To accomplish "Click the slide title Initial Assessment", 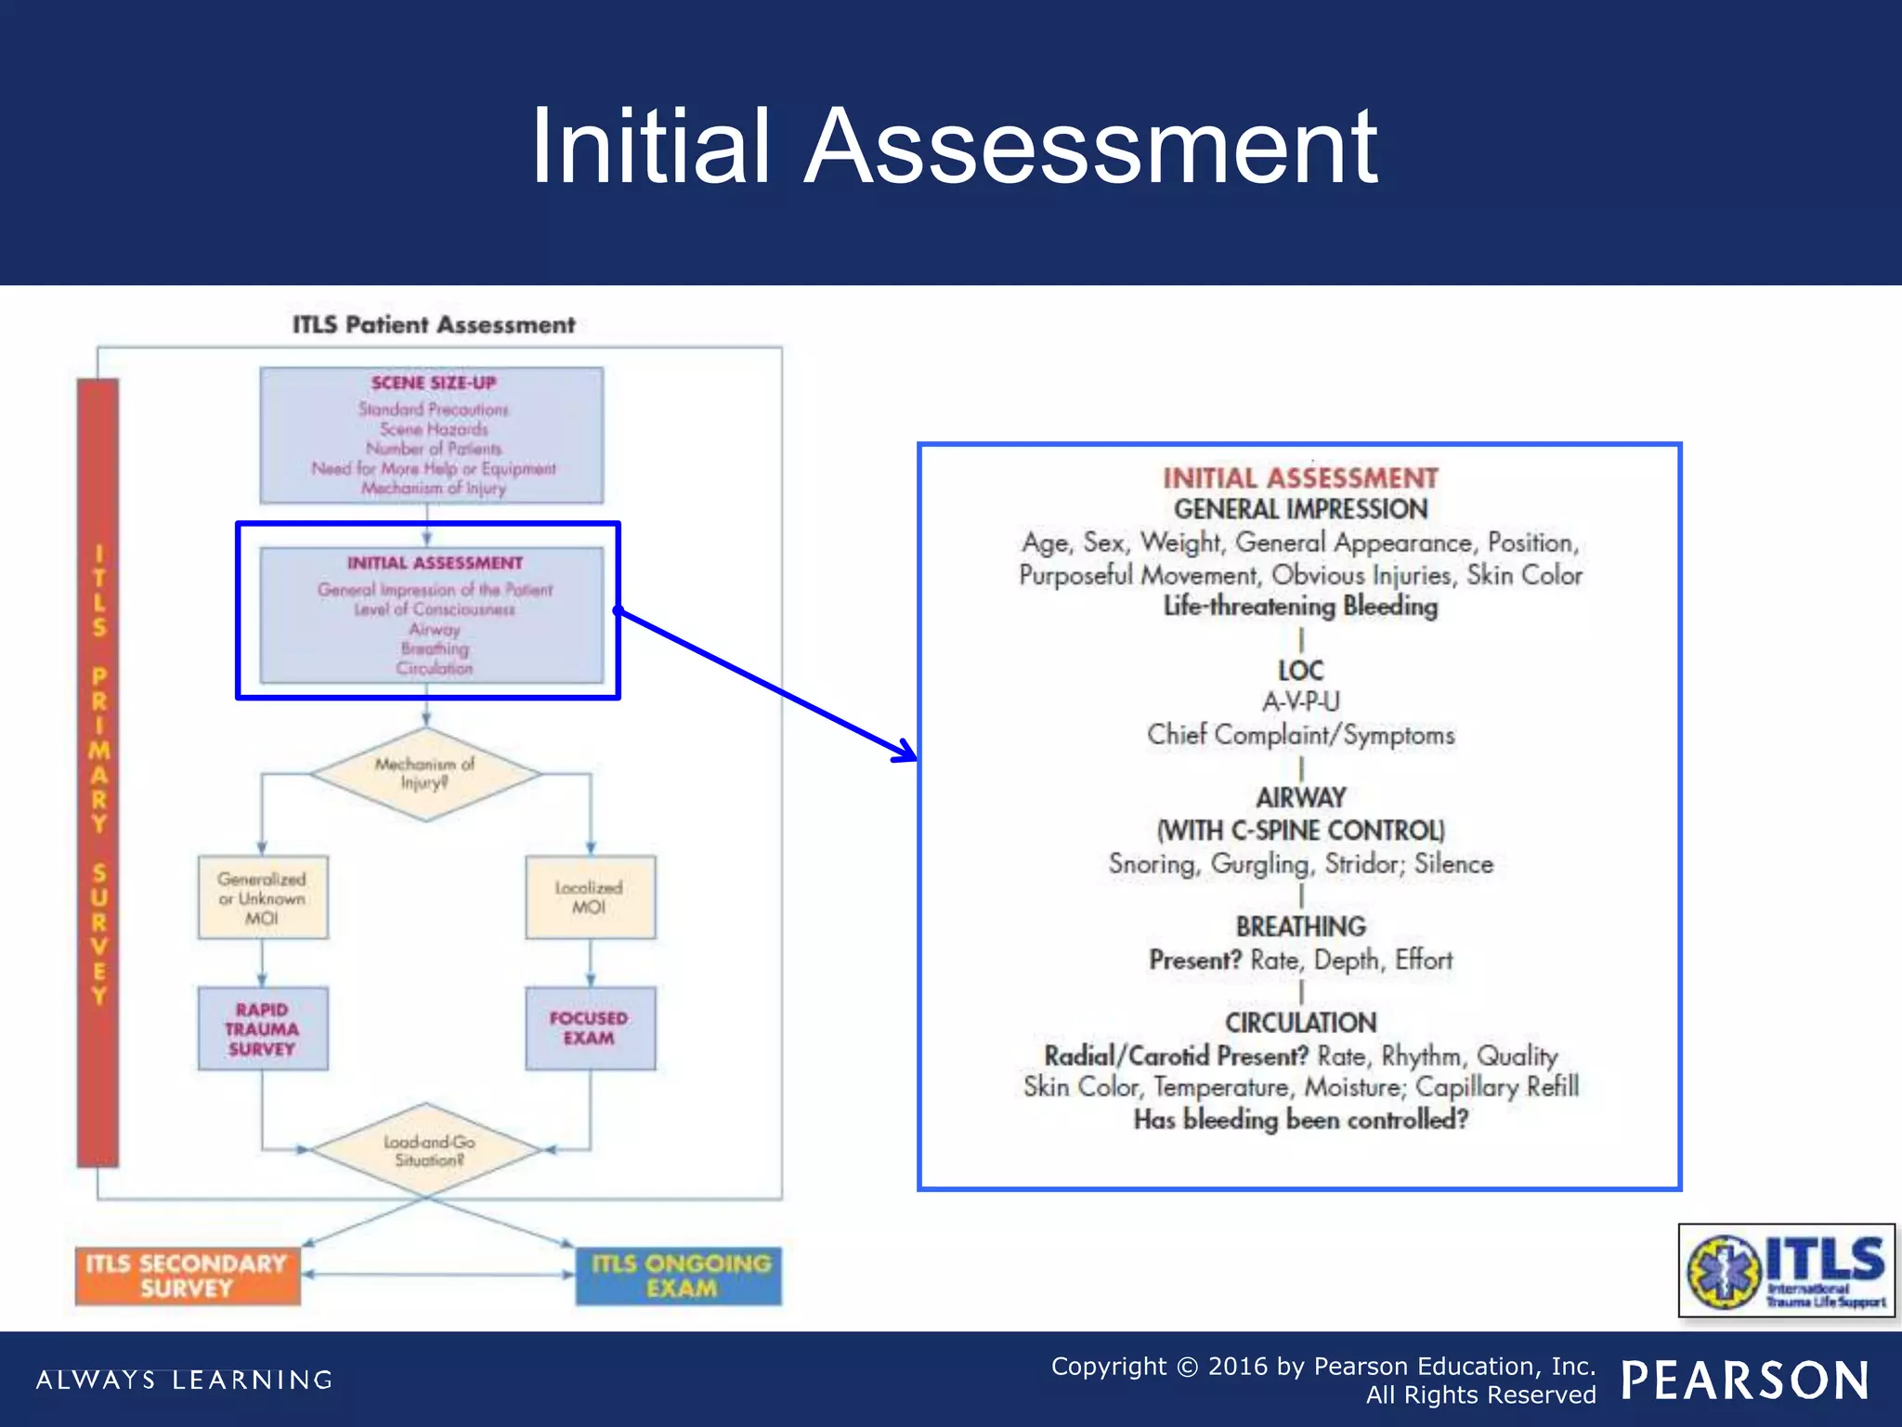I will tap(954, 147).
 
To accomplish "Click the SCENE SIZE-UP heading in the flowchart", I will tap(433, 383).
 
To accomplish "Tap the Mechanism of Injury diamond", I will tap(425, 773).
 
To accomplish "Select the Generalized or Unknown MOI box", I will tap(262, 897).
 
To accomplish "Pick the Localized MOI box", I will tap(590, 897).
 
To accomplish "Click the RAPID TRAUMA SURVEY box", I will tap(262, 1028).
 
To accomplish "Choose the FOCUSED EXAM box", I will tap(590, 1028).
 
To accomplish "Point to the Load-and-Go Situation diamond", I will tap(426, 1150).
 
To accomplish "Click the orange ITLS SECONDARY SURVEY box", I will tap(187, 1276).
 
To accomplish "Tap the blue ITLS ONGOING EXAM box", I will tap(680, 1276).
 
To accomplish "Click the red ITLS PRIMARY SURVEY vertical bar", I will tap(98, 771).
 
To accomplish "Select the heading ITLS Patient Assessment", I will tap(434, 324).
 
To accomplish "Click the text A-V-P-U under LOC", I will tap(1300, 701).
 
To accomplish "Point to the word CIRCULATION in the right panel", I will tap(1300, 1022).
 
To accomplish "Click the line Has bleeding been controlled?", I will tap(1300, 1119).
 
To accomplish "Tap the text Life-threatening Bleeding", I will tap(1300, 606).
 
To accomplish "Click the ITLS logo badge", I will tap(1785, 1270).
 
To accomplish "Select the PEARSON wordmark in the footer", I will tap(1745, 1381).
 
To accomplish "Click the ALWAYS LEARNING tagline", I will tap(184, 1380).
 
